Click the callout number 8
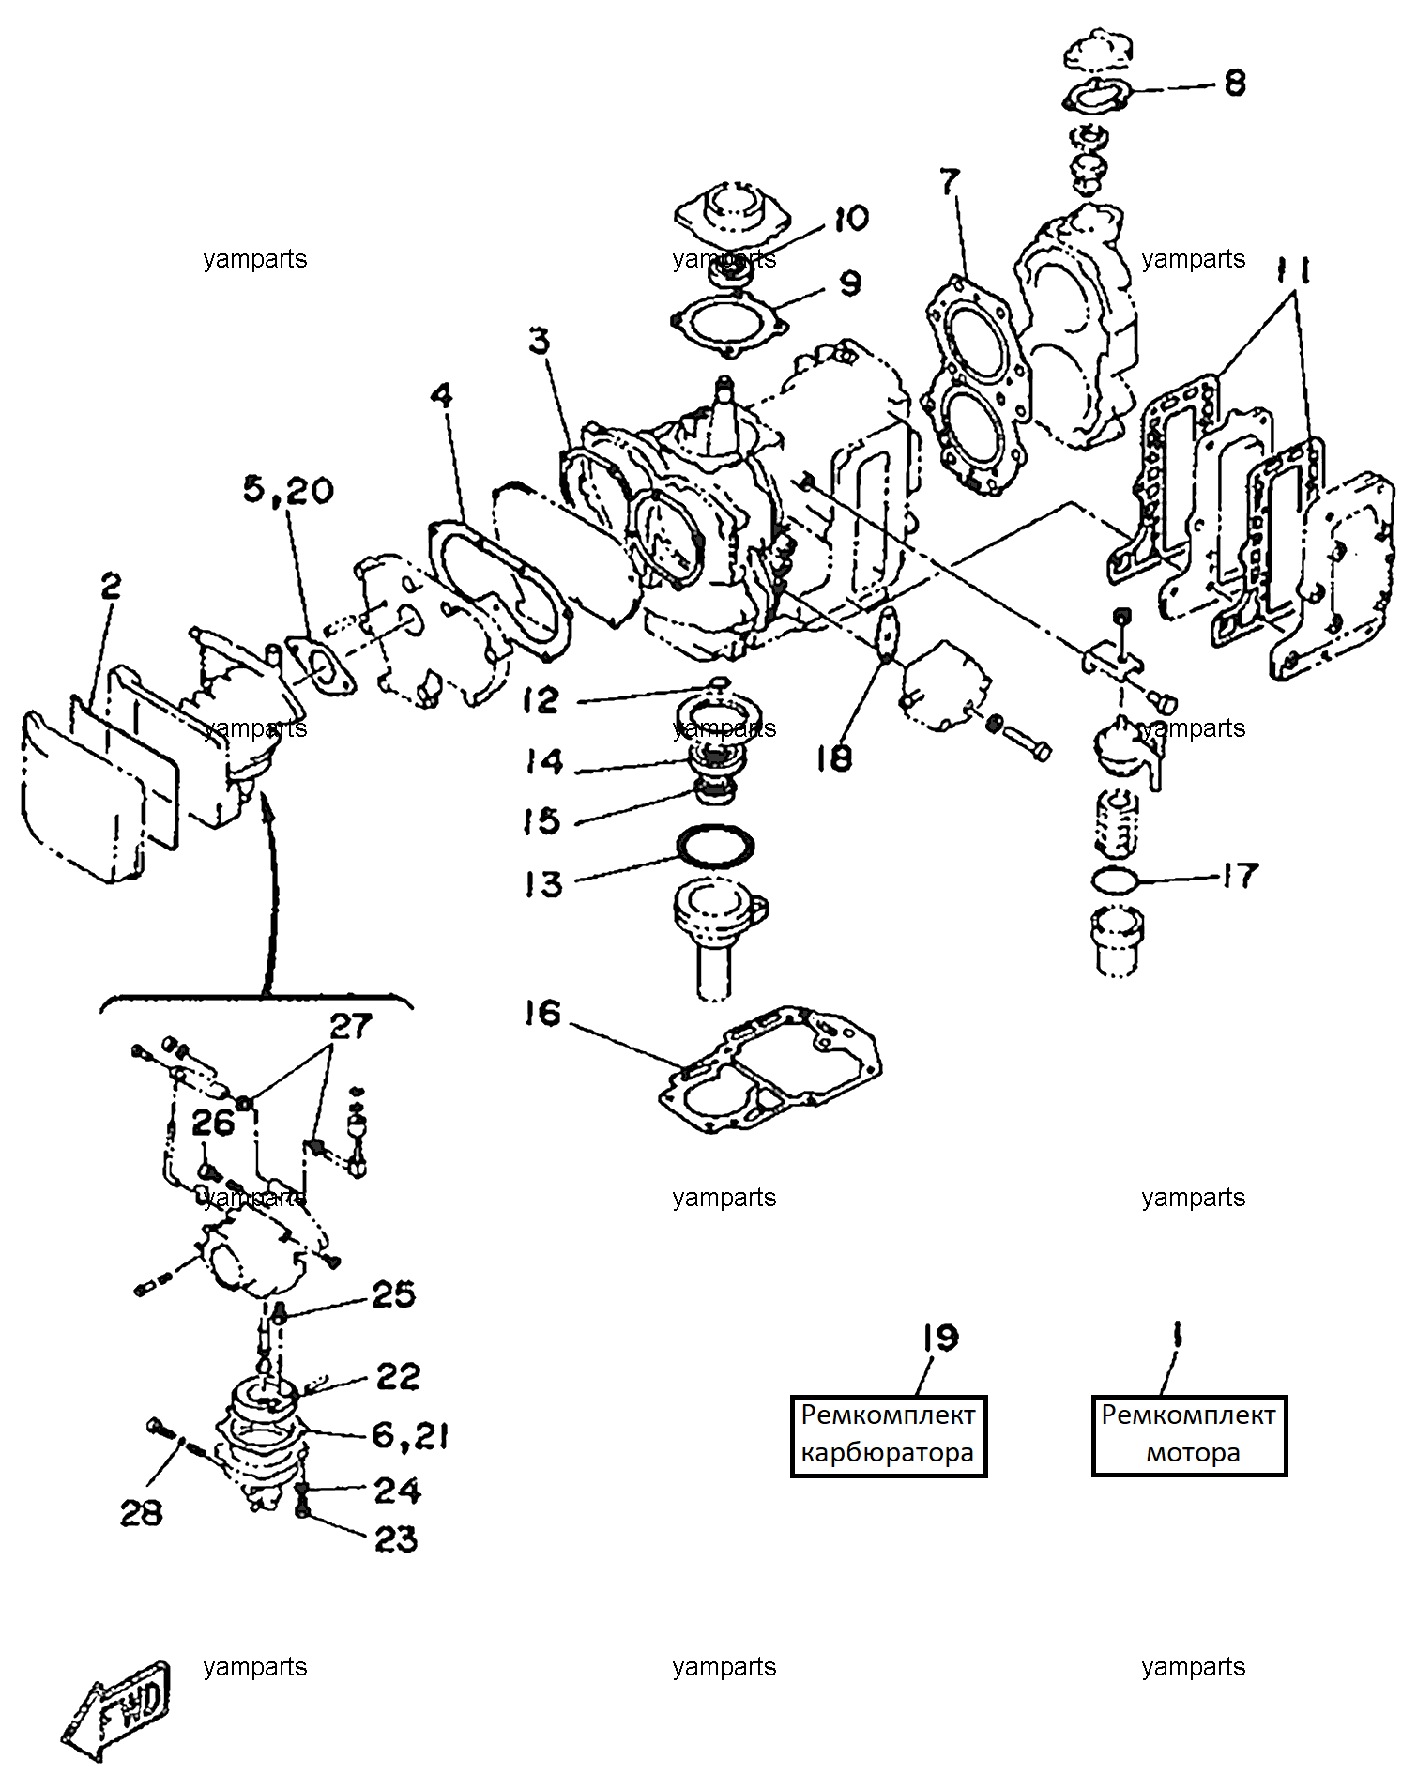1235,84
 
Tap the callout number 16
542,1013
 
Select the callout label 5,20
288,489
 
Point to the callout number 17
1240,876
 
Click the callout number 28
141,1512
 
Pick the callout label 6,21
410,1434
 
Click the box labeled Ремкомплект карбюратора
888,1436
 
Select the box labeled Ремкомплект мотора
1189,1436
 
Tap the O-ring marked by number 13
715,848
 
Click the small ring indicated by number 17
1115,880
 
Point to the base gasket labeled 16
769,1070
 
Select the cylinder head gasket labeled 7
976,385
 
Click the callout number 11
1293,270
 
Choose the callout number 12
541,699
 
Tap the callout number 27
351,1026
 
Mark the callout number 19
939,1338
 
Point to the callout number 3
539,341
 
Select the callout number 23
396,1539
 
